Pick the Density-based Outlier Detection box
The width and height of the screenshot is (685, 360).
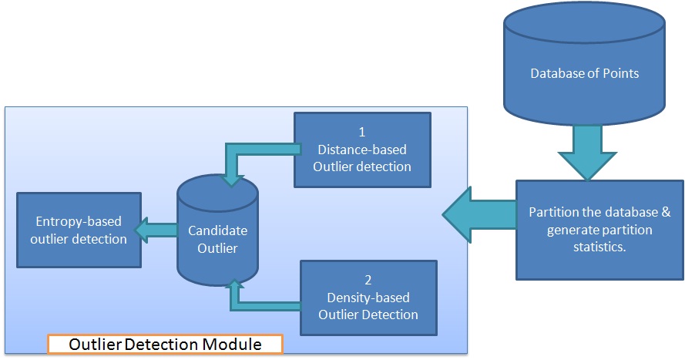[x=368, y=297]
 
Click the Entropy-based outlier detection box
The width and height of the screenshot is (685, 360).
[x=79, y=230]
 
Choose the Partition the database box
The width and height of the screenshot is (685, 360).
[x=599, y=230]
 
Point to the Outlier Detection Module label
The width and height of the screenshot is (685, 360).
[x=165, y=344]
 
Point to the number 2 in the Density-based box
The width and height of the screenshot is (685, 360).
[x=368, y=280]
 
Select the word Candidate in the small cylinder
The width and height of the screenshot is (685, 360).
[x=217, y=230]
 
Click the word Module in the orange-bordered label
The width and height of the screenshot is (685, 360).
[x=233, y=344]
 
